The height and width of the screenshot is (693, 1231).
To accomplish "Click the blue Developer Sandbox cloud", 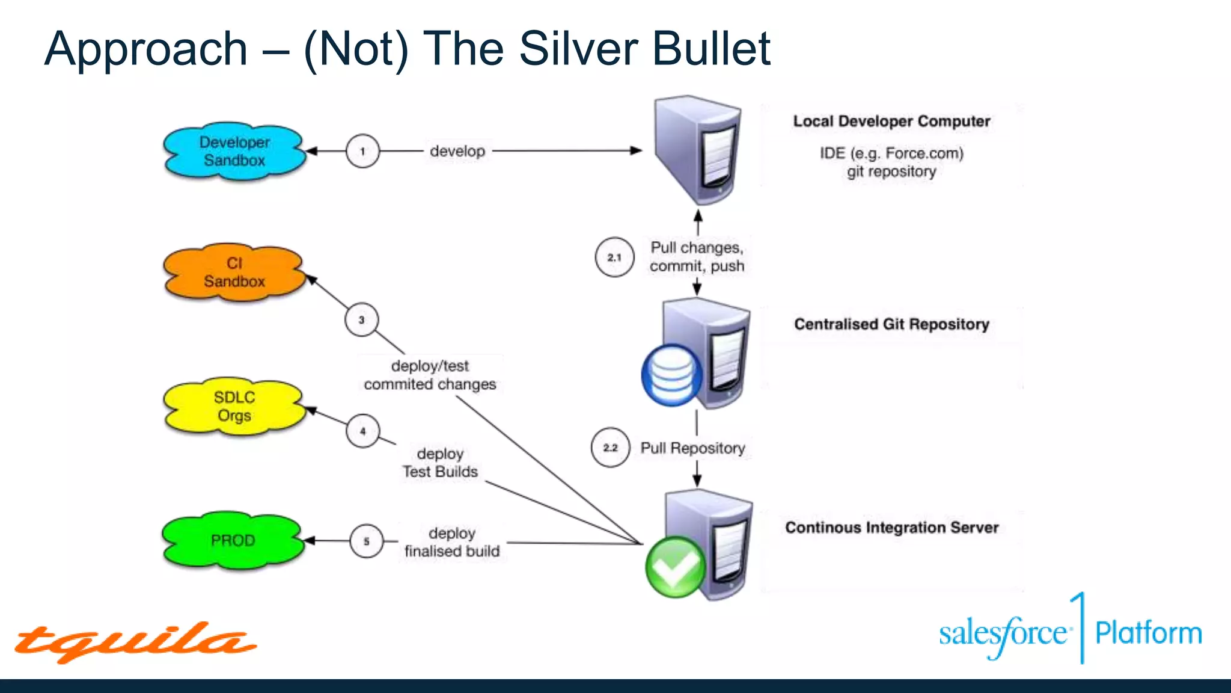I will tap(234, 152).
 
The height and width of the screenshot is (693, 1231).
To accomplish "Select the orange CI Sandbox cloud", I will tap(234, 273).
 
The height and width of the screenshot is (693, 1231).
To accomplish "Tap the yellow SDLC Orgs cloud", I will tap(234, 407).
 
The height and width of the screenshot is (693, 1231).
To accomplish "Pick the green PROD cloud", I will tap(233, 540).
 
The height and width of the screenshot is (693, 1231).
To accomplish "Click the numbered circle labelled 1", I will tap(362, 151).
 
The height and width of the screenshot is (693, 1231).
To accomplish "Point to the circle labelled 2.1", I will tap(614, 257).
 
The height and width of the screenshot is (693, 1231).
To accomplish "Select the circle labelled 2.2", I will tap(610, 448).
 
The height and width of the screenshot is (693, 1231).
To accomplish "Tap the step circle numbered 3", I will tap(361, 320).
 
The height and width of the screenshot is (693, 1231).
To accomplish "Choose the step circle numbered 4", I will tap(362, 431).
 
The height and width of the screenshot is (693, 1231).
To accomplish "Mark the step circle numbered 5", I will tap(366, 541).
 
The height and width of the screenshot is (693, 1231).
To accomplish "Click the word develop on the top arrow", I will tap(457, 151).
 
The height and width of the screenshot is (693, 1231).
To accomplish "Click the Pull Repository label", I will tap(692, 448).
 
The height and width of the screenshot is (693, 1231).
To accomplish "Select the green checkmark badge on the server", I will tap(675, 567).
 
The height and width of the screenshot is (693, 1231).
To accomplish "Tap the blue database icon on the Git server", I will tap(671, 375).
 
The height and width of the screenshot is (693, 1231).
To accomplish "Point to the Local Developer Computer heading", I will tap(891, 121).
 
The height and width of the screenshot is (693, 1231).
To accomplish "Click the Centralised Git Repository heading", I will tap(891, 324).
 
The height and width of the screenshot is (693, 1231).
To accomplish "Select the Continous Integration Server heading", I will tap(891, 528).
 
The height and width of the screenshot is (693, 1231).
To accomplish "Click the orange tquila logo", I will tap(135, 642).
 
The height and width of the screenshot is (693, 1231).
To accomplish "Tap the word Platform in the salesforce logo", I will tap(1148, 633).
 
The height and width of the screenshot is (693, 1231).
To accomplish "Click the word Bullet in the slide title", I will tap(711, 49).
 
